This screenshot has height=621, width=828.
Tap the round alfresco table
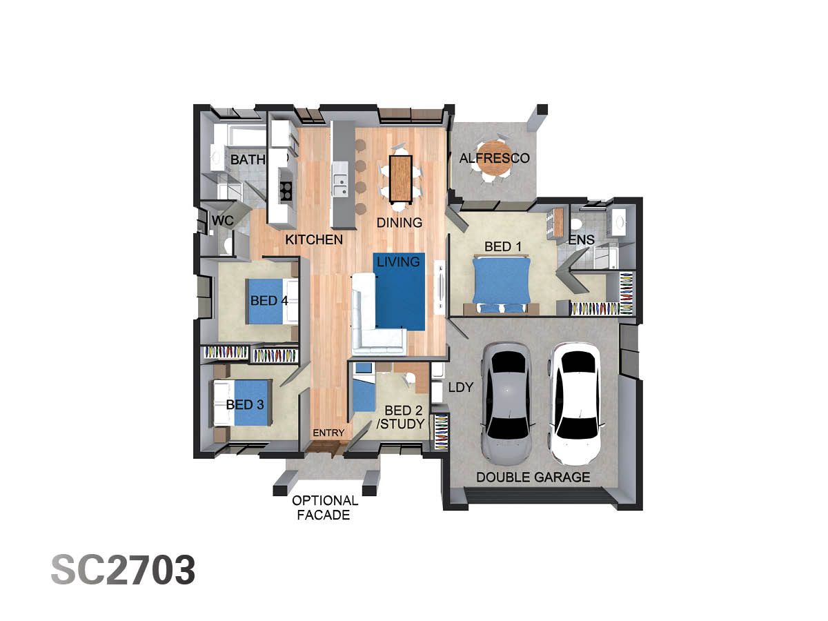[x=494, y=157]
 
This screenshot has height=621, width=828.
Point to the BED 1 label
[x=502, y=247]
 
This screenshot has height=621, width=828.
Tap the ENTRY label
[x=328, y=433]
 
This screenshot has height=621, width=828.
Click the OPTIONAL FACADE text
[x=325, y=508]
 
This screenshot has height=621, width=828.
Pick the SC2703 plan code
[x=123, y=571]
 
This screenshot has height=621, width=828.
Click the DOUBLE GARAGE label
[x=533, y=477]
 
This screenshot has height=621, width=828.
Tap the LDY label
[x=460, y=388]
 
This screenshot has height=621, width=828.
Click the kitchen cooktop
[x=285, y=190]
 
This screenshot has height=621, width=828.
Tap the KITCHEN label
[x=314, y=240]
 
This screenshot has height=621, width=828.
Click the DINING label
[x=399, y=223]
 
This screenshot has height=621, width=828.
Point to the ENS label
[x=581, y=240]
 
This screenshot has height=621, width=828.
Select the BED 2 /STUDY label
[x=400, y=417]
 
